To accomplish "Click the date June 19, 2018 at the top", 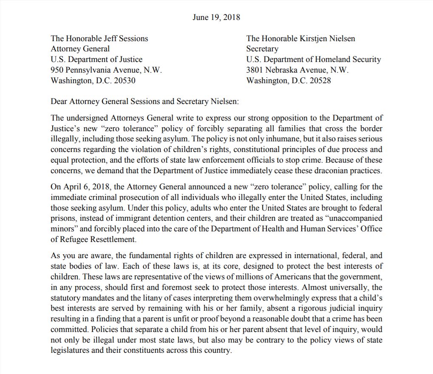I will pyautogui.click(x=216, y=17).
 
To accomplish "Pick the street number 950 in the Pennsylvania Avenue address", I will pyautogui.click(x=57, y=70).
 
